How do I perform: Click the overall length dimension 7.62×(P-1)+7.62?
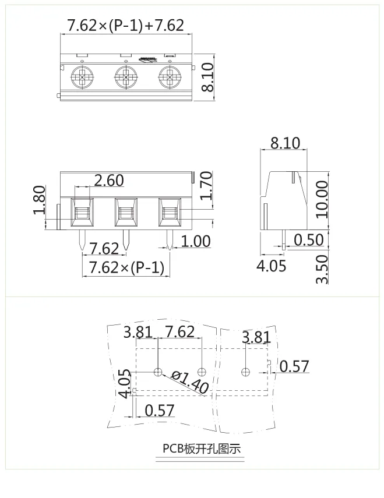pyautogui.click(x=126, y=25)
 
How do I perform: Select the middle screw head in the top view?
pyautogui.click(x=126, y=76)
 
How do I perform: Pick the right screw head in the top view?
pyautogui.click(x=170, y=76)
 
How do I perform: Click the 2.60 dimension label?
pyautogui.click(x=108, y=181)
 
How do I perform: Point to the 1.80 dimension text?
pyautogui.click(x=40, y=200)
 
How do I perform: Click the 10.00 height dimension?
pyautogui.click(x=321, y=199)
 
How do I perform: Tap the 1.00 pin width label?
pyautogui.click(x=195, y=241)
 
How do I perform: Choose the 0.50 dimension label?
pyautogui.click(x=309, y=240)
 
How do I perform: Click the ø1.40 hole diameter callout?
pyautogui.click(x=190, y=382)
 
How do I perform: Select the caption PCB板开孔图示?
pyautogui.click(x=201, y=449)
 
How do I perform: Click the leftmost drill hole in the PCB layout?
pyautogui.click(x=158, y=372)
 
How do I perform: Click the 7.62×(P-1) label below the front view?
pyautogui.click(x=126, y=267)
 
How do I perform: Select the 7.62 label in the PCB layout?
pyautogui.click(x=179, y=333)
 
